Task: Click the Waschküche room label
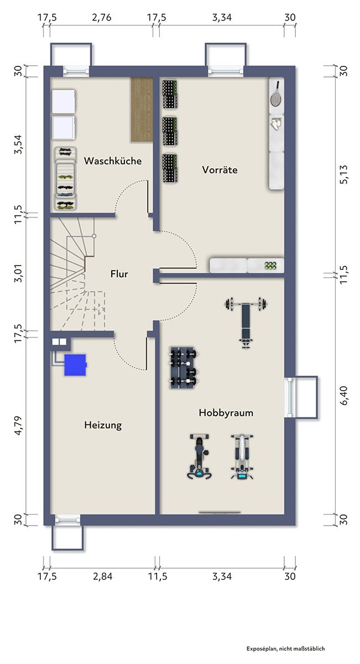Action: (x=113, y=161)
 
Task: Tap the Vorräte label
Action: (x=220, y=170)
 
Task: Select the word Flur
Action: (x=119, y=273)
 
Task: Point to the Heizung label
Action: (x=103, y=425)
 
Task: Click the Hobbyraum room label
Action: (x=226, y=413)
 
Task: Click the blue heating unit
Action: (x=75, y=365)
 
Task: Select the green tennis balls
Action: (x=270, y=266)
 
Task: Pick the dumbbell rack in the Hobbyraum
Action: (x=184, y=367)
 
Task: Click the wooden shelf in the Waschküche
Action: (x=142, y=110)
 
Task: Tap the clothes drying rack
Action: (x=65, y=179)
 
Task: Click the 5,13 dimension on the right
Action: (x=343, y=175)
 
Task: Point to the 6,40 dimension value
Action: (x=344, y=396)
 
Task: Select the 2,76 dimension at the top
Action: (x=102, y=18)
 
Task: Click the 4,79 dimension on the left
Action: (x=18, y=426)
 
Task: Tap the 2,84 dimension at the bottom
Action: (x=102, y=576)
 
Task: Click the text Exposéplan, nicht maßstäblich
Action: (x=286, y=649)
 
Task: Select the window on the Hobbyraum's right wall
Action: (x=290, y=397)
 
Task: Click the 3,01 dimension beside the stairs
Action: (x=18, y=273)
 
